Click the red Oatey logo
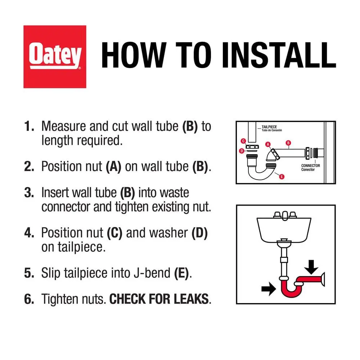pos(55,57)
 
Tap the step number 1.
pos(29,126)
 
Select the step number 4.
pos(29,233)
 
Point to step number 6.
pos(29,299)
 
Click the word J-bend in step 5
pos(152,273)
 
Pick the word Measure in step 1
pos(64,126)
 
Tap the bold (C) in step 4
pos(114,233)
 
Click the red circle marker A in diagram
pos(268,144)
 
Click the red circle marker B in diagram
pos(288,143)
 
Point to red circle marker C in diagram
pos(243,141)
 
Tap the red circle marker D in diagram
pos(242,151)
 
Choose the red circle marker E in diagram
pos(282,176)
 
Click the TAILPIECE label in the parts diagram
pos(269,127)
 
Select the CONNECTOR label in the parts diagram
pos(310,166)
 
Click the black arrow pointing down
pos(311,267)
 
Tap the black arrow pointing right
pos(269,289)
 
